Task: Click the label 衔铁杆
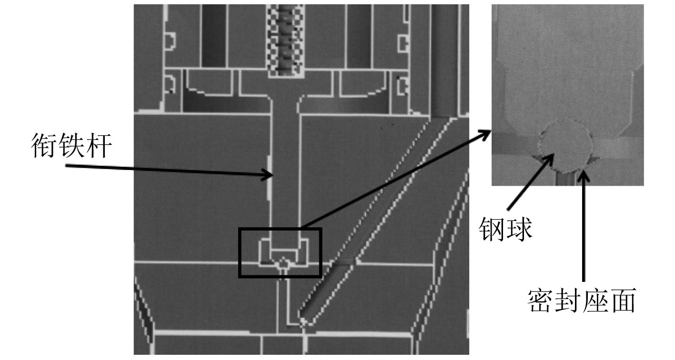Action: point(71,146)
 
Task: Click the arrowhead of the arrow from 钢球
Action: point(552,156)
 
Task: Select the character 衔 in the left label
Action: point(44,146)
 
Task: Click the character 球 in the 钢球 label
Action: point(519,230)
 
